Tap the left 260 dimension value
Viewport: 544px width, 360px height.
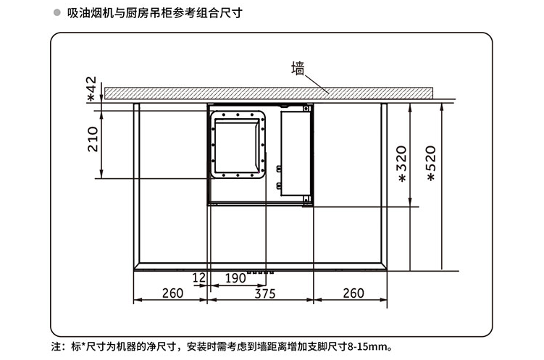coord(172,293)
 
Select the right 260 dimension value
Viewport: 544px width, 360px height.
coord(353,293)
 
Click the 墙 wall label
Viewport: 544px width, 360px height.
coord(297,70)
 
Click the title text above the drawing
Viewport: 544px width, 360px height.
coord(148,13)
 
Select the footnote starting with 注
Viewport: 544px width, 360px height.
coord(217,346)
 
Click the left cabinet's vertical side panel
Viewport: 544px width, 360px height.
coord(135,185)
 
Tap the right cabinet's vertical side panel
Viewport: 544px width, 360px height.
coord(385,185)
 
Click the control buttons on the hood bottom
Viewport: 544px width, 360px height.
coord(259,272)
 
